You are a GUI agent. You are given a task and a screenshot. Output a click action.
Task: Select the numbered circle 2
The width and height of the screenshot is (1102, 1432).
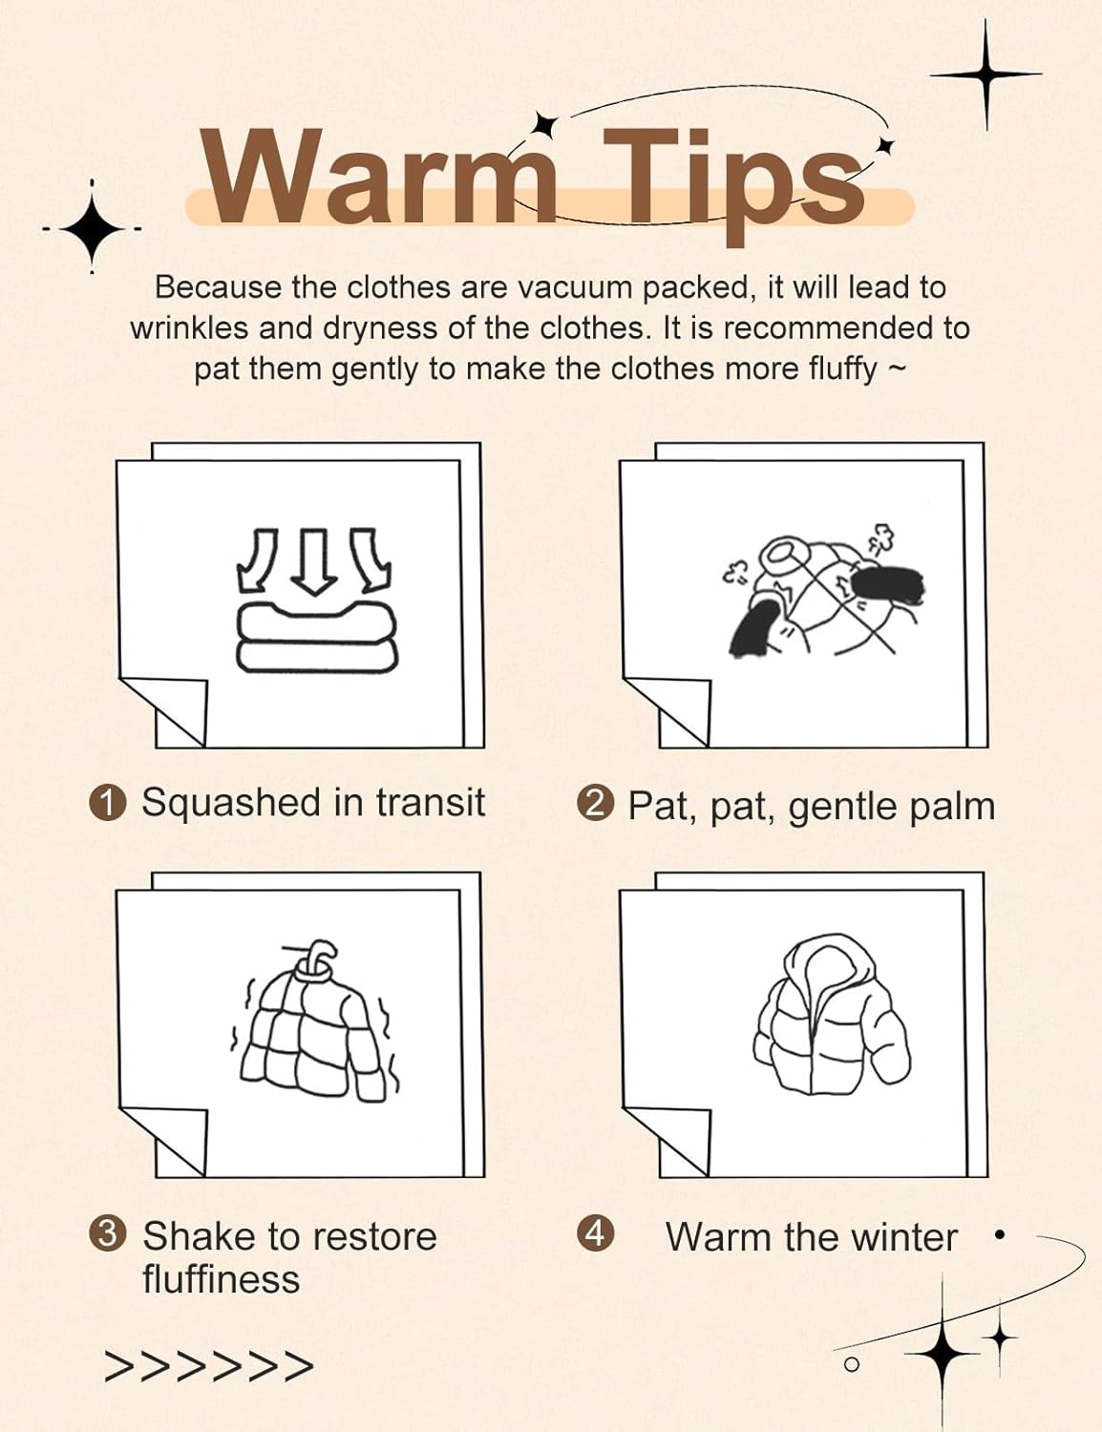595,805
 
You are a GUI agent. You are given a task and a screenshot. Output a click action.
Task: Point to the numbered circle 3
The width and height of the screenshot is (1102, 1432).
107,1234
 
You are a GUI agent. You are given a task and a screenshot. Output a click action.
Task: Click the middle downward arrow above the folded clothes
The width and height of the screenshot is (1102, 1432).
314,560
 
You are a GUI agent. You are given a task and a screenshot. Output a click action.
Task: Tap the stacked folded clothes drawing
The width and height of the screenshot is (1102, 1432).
316,637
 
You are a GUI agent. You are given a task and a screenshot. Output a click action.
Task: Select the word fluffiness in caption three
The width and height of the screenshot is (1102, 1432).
221,1280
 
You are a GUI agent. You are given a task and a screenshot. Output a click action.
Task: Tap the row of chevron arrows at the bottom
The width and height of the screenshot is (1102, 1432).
208,1367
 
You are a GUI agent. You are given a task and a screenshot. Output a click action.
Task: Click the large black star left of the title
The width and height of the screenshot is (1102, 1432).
92,228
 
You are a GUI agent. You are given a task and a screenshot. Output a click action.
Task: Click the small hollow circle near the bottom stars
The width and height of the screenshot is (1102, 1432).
852,1364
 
